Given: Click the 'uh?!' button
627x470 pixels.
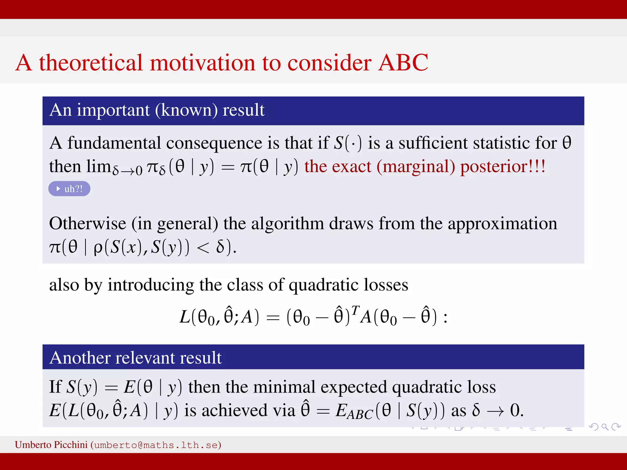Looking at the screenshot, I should [69, 189].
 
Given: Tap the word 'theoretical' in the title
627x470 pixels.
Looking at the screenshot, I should [91, 63].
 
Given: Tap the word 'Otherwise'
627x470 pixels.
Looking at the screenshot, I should [88, 223].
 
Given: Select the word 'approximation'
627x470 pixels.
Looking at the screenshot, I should [502, 224].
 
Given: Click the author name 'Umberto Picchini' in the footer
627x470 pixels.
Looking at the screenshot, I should [51, 445].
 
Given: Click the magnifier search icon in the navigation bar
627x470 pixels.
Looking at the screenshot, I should [605, 427].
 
